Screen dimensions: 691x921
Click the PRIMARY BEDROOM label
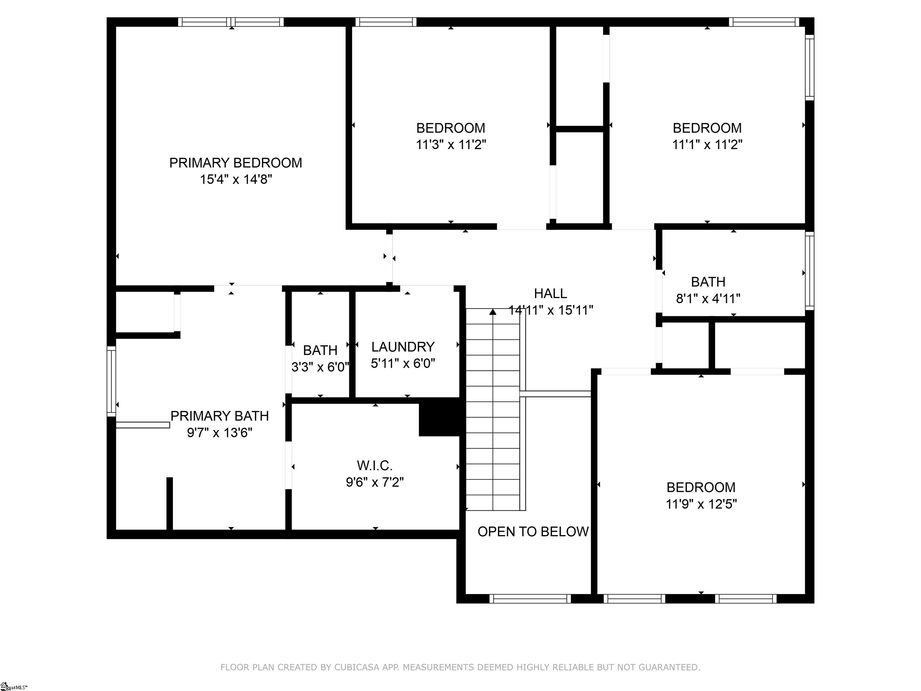click(235, 163)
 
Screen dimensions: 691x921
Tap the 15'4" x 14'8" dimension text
click(236, 180)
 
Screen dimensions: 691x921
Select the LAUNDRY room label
click(403, 347)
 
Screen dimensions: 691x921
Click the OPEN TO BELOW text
click(533, 531)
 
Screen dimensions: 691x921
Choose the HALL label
click(550, 294)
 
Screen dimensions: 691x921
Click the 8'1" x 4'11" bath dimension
click(708, 299)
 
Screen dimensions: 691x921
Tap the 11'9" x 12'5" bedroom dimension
click(701, 504)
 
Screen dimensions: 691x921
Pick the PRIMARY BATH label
click(219, 416)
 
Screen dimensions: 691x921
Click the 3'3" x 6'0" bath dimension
click(320, 367)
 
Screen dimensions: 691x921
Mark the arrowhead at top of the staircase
click(493, 312)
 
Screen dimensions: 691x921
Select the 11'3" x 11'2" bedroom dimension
click(451, 145)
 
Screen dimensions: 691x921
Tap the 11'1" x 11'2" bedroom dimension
click(707, 145)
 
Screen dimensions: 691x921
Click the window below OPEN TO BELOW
click(530, 599)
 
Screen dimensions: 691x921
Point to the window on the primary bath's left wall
click(111, 381)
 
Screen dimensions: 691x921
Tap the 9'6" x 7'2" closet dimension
click(375, 482)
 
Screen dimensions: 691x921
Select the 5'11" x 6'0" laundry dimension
click(403, 363)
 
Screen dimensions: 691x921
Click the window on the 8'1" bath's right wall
click(809, 271)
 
